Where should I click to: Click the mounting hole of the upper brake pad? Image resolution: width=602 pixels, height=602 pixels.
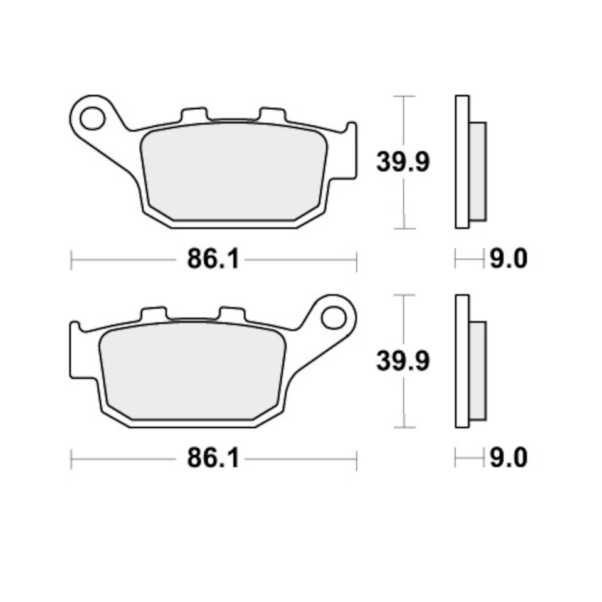(92, 117)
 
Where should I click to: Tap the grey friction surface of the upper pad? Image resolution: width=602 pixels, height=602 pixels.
(234, 171)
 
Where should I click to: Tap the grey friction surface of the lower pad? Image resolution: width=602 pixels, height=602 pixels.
(191, 374)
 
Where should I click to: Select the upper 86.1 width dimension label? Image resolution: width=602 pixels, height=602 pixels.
(213, 259)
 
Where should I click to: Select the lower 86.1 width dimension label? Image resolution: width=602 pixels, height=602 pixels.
(213, 458)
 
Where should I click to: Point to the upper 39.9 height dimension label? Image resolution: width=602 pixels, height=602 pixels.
(403, 162)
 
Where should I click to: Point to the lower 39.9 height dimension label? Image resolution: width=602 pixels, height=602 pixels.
(403, 361)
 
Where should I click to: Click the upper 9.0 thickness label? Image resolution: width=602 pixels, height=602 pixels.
(508, 258)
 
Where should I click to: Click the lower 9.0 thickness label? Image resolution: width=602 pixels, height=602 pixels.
(508, 458)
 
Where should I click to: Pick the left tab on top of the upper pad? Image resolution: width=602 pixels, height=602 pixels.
(193, 115)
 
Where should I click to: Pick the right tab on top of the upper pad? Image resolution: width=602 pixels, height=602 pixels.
(272, 115)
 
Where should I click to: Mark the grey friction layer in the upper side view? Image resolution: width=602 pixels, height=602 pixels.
(477, 171)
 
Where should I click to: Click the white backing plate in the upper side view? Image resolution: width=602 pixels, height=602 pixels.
(462, 162)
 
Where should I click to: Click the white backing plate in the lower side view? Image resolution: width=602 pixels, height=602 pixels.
(462, 361)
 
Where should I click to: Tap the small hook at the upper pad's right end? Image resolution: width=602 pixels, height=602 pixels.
(352, 135)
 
